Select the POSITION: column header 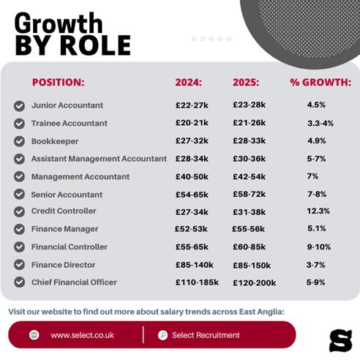pos(58,82)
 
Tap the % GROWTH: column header pos(320,82)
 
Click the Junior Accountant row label pos(67,105)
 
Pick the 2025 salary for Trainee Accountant pos(250,124)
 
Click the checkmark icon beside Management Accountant pos(19,177)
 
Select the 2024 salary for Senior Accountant pos(192,195)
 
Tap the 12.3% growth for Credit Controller pos(318,211)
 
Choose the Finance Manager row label pos(64,229)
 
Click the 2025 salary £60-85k pos(250,247)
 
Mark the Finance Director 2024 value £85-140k pos(195,265)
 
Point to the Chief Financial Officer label pos(73,282)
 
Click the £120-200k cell pos(254,282)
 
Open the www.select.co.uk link pos(81,335)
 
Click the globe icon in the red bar pos(34,335)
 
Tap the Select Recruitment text pos(206,335)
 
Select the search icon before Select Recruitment pos(162,335)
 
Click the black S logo pos(340,340)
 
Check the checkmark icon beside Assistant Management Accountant pos(19,159)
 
